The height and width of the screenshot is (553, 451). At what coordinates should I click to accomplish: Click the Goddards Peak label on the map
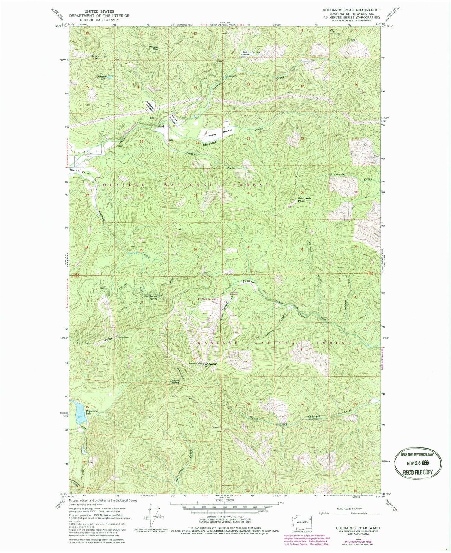tap(305, 199)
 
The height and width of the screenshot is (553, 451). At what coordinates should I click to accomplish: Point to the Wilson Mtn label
tap(153, 48)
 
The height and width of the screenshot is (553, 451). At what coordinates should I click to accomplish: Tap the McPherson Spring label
tap(152, 297)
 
